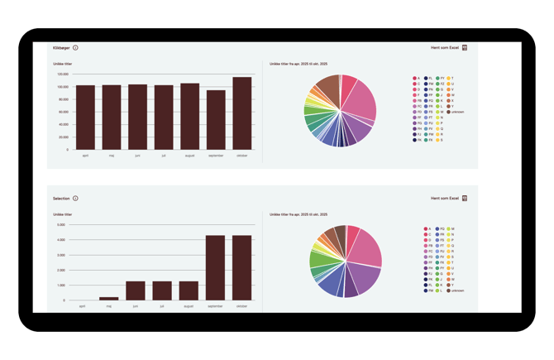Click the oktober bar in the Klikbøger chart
[242, 113]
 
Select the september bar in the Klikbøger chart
[216, 120]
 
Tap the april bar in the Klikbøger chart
[85, 117]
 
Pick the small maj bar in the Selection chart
[109, 298]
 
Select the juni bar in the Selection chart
[136, 290]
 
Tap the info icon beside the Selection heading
[75, 199]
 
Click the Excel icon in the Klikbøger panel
[465, 48]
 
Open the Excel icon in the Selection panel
[465, 199]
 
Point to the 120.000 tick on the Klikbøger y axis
[62, 74]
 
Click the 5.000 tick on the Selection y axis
[61, 224]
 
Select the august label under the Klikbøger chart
[189, 155]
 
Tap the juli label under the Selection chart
[163, 306]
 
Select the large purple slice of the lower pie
[365, 276]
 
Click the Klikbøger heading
[61, 48]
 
